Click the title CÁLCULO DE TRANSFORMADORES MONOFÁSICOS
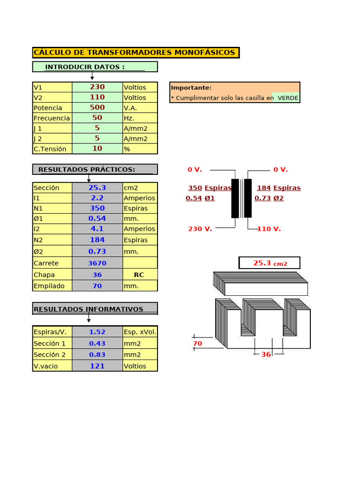point(135,52)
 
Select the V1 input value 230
point(97,87)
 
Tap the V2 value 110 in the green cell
point(97,97)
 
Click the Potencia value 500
point(97,108)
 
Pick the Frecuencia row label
point(52,118)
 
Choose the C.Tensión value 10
point(97,149)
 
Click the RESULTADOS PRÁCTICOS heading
point(87,169)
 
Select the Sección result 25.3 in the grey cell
point(97,187)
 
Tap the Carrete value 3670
point(97,263)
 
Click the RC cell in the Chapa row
point(139,275)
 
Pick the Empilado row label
point(49,285)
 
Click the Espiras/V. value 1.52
point(97,332)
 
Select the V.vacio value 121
point(97,366)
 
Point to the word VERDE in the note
point(288,98)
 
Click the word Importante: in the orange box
point(191,88)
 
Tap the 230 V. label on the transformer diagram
point(200,229)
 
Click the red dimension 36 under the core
point(266,354)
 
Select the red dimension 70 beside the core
point(197,344)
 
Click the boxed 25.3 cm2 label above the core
point(270,263)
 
